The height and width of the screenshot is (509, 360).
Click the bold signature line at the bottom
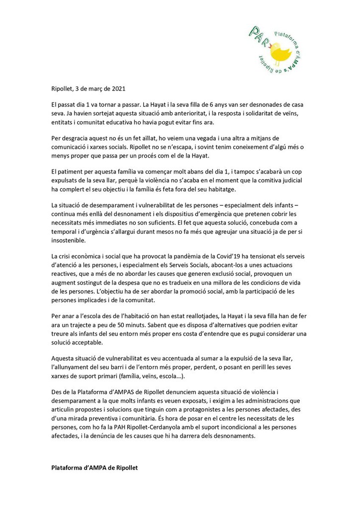point(94,469)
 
